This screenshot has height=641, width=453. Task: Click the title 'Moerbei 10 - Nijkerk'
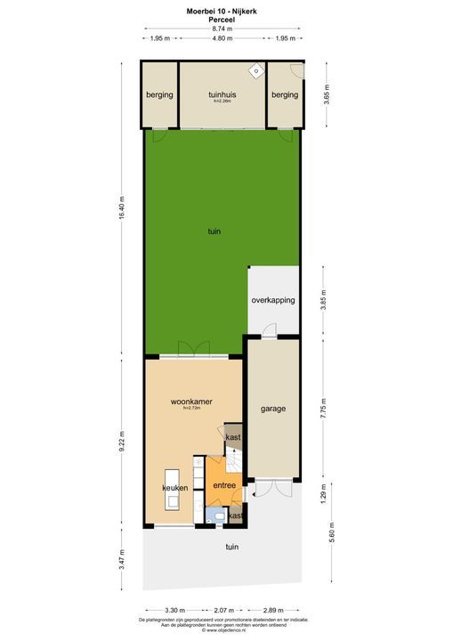(223, 10)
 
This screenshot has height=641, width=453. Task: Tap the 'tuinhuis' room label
(222, 94)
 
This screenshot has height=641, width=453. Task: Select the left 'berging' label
(160, 94)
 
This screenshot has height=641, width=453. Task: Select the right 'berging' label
(285, 94)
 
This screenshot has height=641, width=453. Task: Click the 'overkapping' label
(273, 300)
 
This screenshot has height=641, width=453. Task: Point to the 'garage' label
(273, 410)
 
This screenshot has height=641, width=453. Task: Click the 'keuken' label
(174, 489)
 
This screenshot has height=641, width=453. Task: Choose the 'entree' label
(223, 484)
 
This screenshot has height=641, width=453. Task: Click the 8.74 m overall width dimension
(223, 28)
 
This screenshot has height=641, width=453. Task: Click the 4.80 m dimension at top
(222, 39)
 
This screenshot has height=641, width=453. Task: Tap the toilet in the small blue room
(219, 515)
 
